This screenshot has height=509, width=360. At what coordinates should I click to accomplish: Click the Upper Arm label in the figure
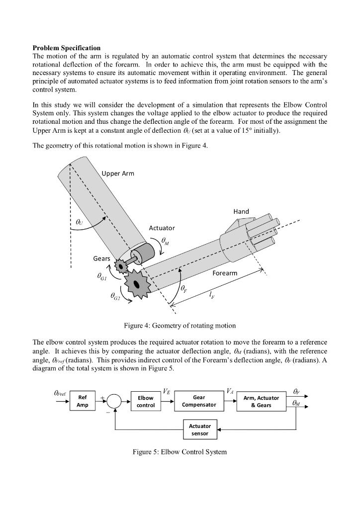pos(118,173)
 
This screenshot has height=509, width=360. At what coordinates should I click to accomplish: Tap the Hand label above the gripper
pos(241,211)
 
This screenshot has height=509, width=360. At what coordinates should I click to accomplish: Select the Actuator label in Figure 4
pos(162,228)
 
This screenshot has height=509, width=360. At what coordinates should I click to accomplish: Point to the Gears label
pos(101,258)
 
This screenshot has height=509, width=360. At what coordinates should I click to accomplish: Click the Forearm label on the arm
pos(225,273)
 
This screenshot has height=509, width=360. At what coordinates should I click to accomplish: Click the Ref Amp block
pos(83,401)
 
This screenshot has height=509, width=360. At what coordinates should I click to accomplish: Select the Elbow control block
pos(146,401)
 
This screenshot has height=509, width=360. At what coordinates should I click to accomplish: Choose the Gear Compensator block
pos(199,401)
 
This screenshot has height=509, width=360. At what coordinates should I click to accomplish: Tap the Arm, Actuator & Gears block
pos(261,401)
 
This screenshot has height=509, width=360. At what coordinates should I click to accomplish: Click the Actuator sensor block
pos(200,429)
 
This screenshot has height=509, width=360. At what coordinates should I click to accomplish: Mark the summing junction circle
pos(114,401)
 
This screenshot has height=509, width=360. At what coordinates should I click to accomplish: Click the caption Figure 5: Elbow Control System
pos(180,452)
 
